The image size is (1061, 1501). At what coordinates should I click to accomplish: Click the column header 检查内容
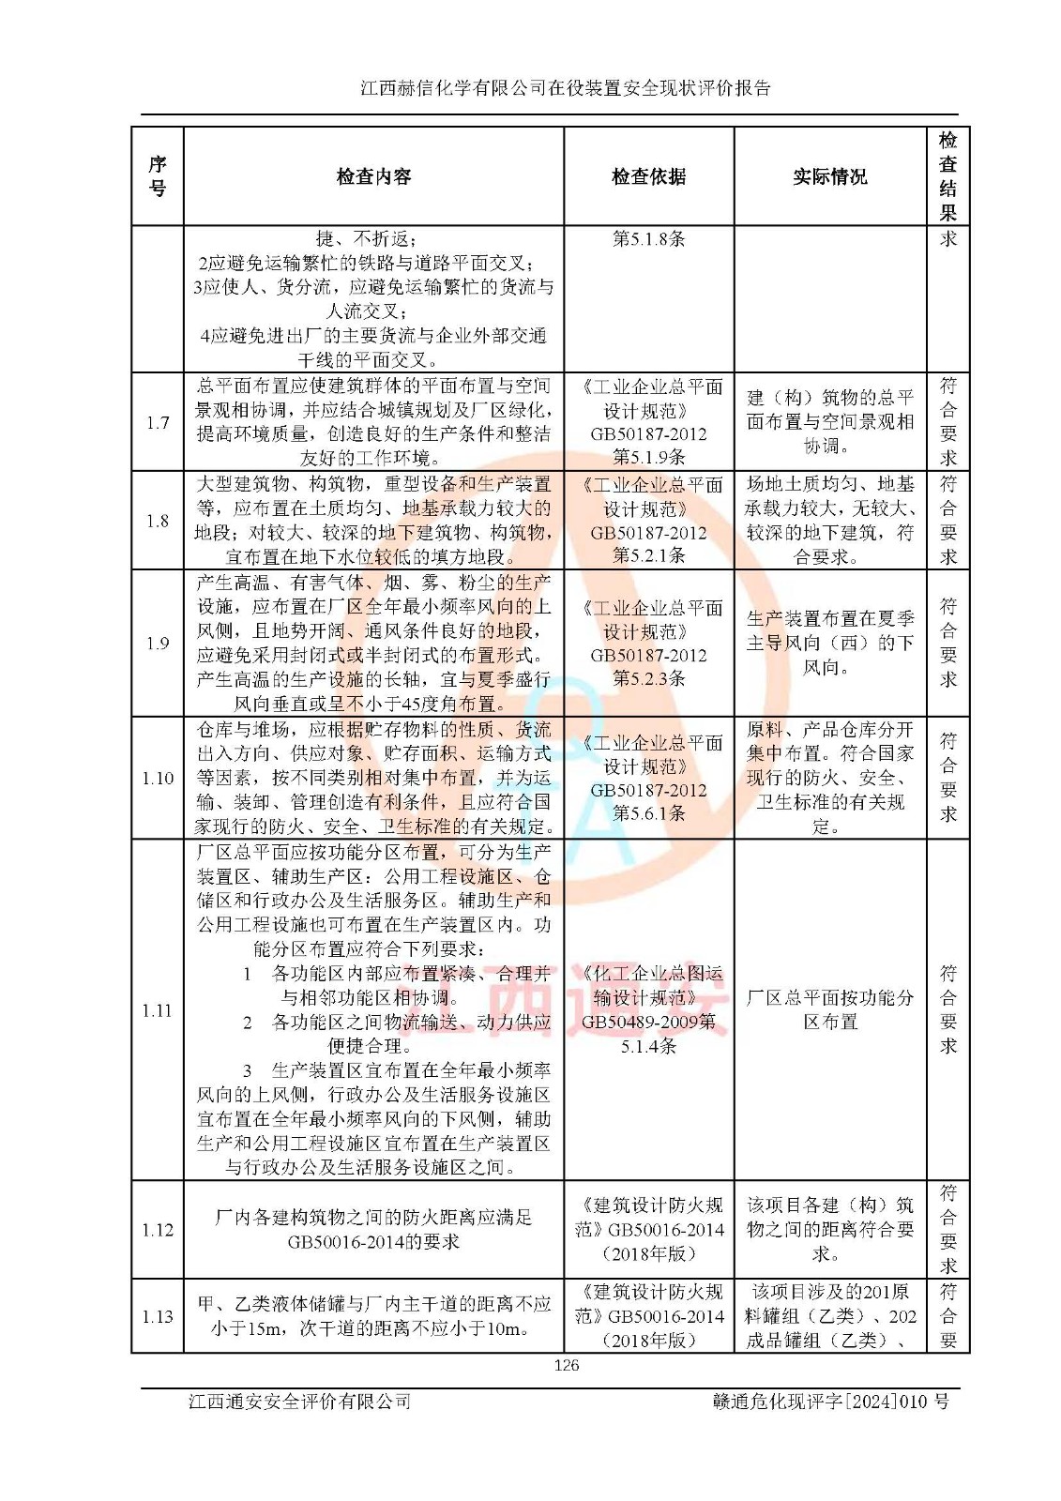point(373,176)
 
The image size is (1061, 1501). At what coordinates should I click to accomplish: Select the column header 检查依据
point(648,176)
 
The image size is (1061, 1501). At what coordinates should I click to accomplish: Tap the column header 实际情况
point(829,176)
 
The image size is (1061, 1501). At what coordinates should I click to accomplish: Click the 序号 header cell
point(158,176)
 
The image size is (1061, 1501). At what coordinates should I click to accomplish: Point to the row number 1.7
point(158,422)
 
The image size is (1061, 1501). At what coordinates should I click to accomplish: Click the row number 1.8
point(158,521)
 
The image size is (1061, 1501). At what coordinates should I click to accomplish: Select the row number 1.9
point(158,644)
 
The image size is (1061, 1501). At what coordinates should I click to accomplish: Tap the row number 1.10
point(158,779)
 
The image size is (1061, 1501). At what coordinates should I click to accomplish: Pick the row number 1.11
point(158,1010)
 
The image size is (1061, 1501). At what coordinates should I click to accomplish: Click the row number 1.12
point(158,1230)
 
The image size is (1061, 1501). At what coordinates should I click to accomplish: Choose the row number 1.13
point(158,1316)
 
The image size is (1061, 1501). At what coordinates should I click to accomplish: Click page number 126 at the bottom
point(567,1365)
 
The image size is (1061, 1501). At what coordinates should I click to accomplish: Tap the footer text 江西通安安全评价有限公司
point(300,1402)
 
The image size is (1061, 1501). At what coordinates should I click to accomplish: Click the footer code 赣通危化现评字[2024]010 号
point(830,1402)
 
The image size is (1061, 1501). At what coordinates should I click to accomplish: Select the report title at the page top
point(566,88)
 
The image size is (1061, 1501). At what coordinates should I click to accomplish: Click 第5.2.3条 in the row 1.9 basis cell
point(648,678)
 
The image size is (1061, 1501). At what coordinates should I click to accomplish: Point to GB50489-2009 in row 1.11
point(638,1022)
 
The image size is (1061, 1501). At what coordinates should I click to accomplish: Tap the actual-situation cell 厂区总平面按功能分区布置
point(829,1009)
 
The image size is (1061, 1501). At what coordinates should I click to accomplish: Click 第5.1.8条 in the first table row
point(648,239)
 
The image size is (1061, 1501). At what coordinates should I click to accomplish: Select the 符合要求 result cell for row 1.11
point(947,1009)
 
